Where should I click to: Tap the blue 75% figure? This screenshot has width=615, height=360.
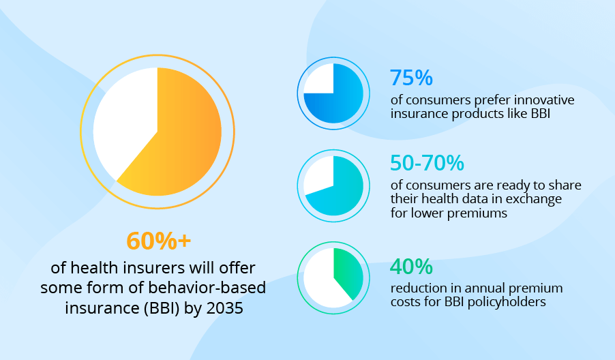411,78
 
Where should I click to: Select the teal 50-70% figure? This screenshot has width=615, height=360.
427,163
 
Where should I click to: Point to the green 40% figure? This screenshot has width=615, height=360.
411,265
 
